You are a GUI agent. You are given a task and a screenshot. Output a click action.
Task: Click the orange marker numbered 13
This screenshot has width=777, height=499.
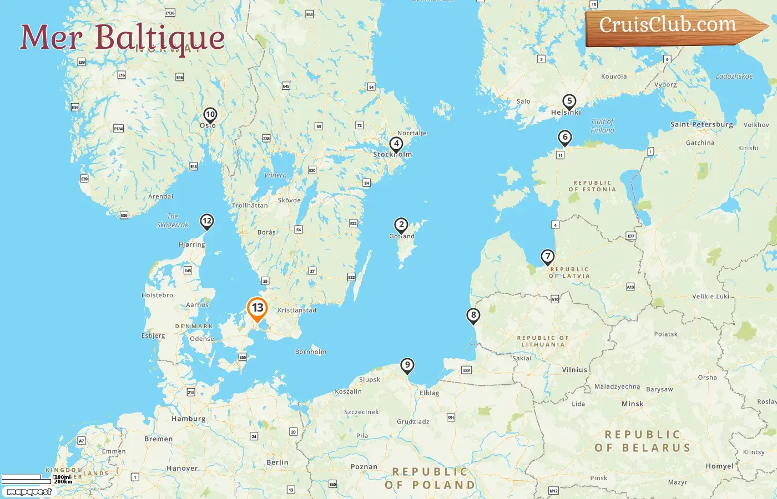point(257,309)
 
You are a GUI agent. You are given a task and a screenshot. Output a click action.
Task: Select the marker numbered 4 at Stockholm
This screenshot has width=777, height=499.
point(396,144)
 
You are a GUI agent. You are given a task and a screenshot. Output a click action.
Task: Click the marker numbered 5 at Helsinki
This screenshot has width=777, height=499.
point(569,101)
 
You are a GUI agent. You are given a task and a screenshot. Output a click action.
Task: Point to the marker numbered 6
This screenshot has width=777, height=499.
point(564,138)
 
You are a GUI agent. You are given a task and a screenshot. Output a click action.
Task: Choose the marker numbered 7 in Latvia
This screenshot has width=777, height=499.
point(548,257)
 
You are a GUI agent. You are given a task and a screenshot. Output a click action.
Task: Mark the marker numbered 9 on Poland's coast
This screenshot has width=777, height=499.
point(407,365)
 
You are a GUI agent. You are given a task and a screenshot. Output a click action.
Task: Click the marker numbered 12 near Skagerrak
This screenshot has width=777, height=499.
point(207,221)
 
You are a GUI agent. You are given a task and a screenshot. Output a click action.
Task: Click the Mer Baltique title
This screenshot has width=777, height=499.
point(122,38)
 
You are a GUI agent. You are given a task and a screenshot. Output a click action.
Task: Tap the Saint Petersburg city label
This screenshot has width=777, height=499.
point(702,124)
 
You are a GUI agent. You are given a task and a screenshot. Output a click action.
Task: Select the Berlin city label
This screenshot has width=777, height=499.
point(277,462)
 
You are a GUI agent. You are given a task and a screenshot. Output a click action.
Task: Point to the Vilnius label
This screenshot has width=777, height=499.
point(574,370)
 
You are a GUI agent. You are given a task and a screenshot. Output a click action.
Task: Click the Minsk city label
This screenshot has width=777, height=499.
point(633,404)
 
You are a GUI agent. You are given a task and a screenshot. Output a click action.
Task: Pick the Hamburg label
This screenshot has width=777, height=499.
point(189,419)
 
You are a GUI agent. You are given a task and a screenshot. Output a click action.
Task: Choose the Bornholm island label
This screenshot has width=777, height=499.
point(311,352)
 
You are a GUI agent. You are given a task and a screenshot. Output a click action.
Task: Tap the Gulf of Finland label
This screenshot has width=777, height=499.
point(603,126)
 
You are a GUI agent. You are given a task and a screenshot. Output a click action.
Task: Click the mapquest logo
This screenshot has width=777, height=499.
point(29,491)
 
